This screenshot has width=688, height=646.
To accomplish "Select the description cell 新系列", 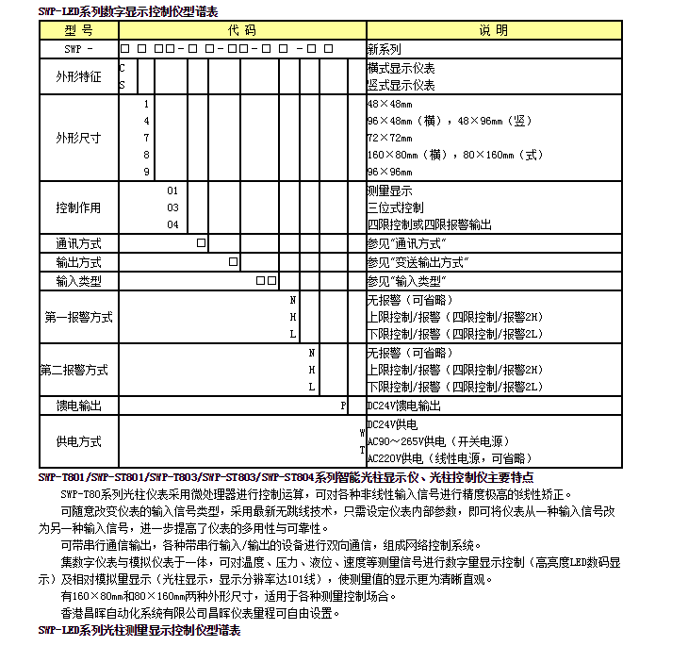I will coord(384,48).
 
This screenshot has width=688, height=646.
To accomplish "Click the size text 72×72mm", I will coord(389,138).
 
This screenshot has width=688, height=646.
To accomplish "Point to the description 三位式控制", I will coord(396,207).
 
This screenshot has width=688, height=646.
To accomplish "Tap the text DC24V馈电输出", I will coord(403,406).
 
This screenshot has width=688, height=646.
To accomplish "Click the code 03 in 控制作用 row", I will coord(172,207).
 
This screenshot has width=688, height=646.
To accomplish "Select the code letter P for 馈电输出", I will coord(344,406).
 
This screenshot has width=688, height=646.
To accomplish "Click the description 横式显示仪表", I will coord(401,68).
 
